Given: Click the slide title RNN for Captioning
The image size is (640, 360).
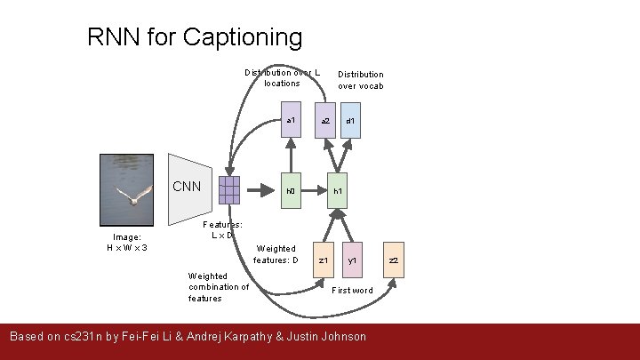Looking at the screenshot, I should (x=195, y=37).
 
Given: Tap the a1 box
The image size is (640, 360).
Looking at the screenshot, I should (x=291, y=121).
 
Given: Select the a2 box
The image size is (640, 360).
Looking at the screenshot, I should (x=325, y=121).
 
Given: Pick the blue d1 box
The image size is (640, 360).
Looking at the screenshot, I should (x=351, y=121).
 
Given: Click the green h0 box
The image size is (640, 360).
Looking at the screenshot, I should (x=291, y=190).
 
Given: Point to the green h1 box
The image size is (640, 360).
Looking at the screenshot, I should (x=338, y=190).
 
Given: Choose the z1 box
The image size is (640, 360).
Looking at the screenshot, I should (x=324, y=260).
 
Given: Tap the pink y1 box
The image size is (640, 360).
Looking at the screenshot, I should (x=352, y=260).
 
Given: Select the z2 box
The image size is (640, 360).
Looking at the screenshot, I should (x=394, y=260).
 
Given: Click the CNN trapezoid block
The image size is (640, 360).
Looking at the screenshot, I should (x=189, y=190).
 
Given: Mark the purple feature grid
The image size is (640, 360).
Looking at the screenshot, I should (x=228, y=190).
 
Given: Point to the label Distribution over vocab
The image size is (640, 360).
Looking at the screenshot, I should (x=360, y=80).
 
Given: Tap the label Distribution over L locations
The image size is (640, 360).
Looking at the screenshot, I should (x=282, y=77).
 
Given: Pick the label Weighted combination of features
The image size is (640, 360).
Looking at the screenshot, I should (x=218, y=287).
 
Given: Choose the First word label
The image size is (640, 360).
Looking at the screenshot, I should (x=352, y=291).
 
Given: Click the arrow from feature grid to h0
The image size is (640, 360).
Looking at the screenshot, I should (x=258, y=189).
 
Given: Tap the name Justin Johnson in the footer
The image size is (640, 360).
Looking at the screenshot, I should (x=324, y=336).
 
